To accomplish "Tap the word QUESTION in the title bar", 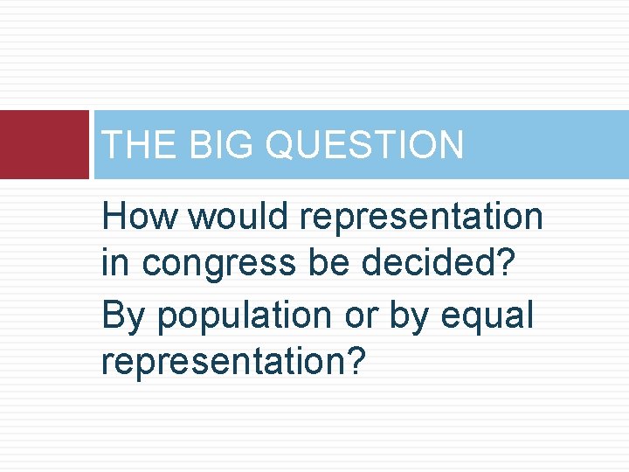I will point(364,145).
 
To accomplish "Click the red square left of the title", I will point(45,145).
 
